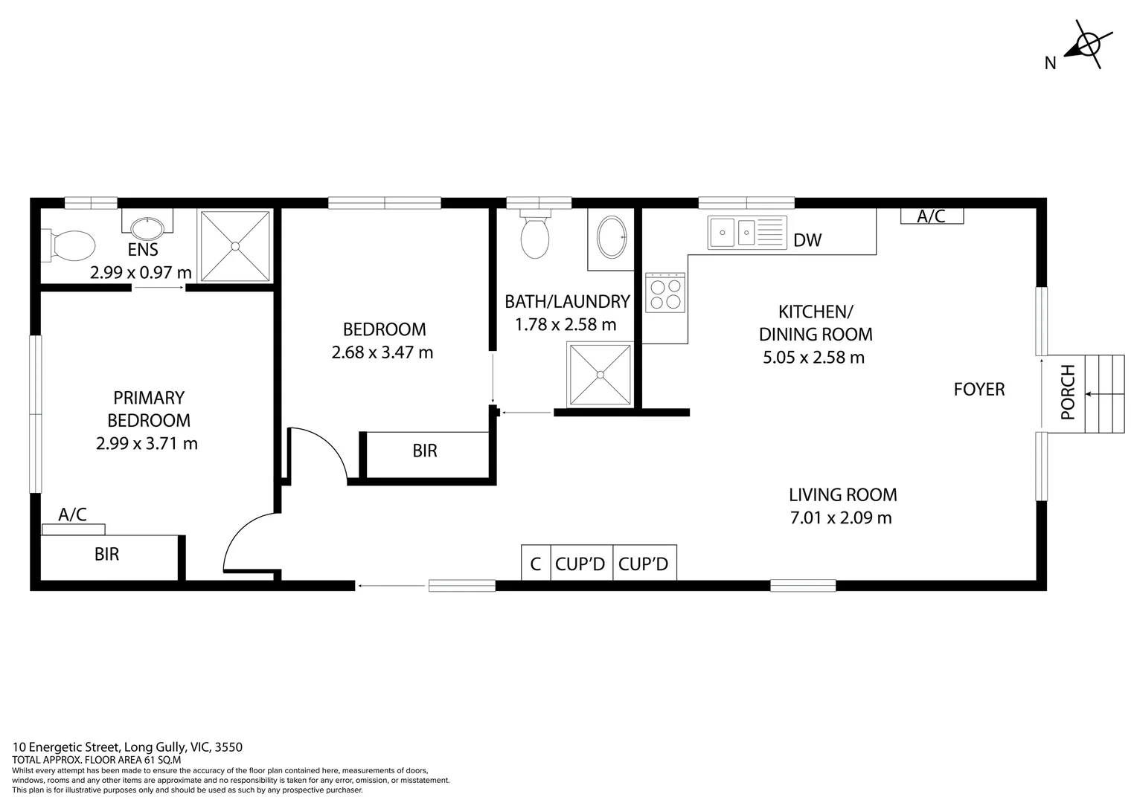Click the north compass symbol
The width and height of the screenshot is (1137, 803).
pos(1086,45)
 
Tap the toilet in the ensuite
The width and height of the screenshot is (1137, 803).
pos(71,245)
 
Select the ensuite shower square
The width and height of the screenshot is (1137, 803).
pos(235,246)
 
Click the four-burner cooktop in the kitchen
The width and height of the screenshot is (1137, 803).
pos(665,293)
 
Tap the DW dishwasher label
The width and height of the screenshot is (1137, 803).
pos(807,240)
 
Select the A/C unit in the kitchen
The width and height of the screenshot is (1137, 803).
pos(932,216)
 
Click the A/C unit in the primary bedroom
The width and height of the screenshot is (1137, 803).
pos(73,529)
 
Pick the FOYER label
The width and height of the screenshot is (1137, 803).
pos(979,389)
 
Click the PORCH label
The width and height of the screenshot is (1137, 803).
pos(1068,392)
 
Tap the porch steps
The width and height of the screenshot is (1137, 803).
pos(1105,394)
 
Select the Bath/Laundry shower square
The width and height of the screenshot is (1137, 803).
pos(600,374)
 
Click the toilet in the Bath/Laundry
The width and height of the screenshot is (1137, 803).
pos(535,236)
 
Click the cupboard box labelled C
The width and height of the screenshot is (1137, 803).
pos(535,564)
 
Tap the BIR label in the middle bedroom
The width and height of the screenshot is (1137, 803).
pos(425,451)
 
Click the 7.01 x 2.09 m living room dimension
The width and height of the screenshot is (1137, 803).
pos(841,517)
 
